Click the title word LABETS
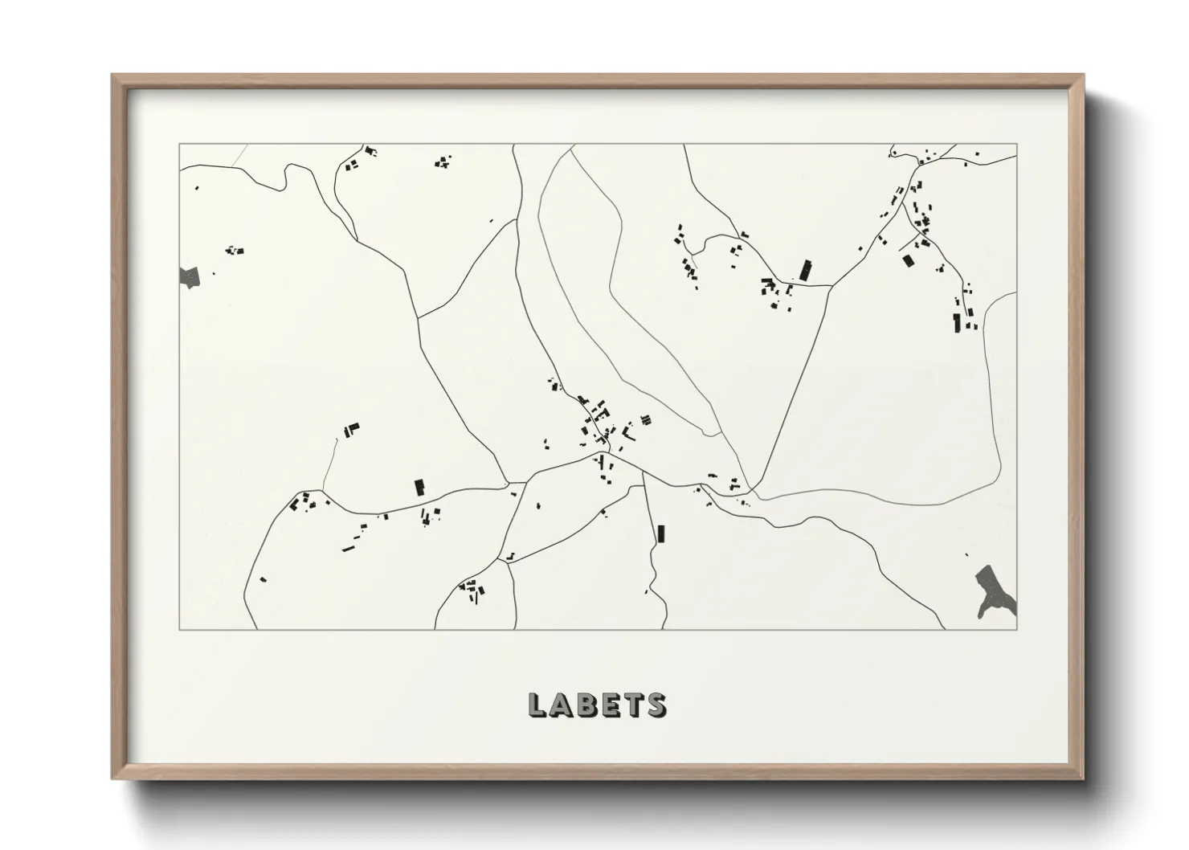click(x=597, y=705)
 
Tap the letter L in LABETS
click(x=538, y=705)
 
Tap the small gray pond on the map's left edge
click(x=189, y=277)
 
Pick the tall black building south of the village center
click(x=661, y=533)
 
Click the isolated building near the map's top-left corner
click(x=196, y=188)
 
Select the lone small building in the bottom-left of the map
click(x=263, y=578)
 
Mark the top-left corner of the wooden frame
click(x=112, y=76)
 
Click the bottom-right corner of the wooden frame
click(x=1083, y=778)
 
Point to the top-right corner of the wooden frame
click(x=1083, y=76)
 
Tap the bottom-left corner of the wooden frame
click(x=112, y=778)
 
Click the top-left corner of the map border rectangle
click(x=179, y=145)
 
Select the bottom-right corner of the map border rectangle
click(x=1017, y=630)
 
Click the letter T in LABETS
click(x=632, y=705)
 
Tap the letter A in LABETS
click(x=561, y=705)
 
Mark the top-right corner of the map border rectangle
click(x=1017, y=145)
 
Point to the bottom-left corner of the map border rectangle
click(x=179, y=630)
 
